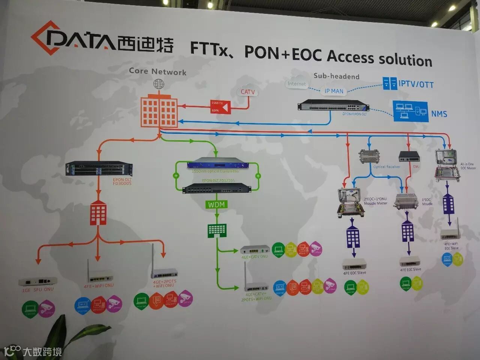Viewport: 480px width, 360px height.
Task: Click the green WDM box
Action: [x=216, y=204]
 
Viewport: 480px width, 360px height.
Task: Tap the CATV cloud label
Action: [x=247, y=92]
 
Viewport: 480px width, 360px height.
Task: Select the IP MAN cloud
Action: [x=334, y=90]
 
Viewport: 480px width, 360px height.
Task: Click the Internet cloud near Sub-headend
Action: [x=297, y=84]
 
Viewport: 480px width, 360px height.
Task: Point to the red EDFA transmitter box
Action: [x=220, y=107]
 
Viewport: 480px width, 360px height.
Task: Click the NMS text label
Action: [x=439, y=113]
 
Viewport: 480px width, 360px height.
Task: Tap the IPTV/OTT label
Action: [x=415, y=84]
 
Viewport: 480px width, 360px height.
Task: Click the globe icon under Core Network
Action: [x=159, y=85]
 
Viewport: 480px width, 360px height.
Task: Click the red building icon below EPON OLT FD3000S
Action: [x=98, y=213]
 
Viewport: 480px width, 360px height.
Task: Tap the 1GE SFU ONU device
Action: [x=38, y=282]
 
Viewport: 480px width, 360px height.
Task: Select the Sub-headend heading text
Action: [x=336, y=76]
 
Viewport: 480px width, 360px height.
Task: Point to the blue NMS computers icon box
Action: [x=410, y=110]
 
